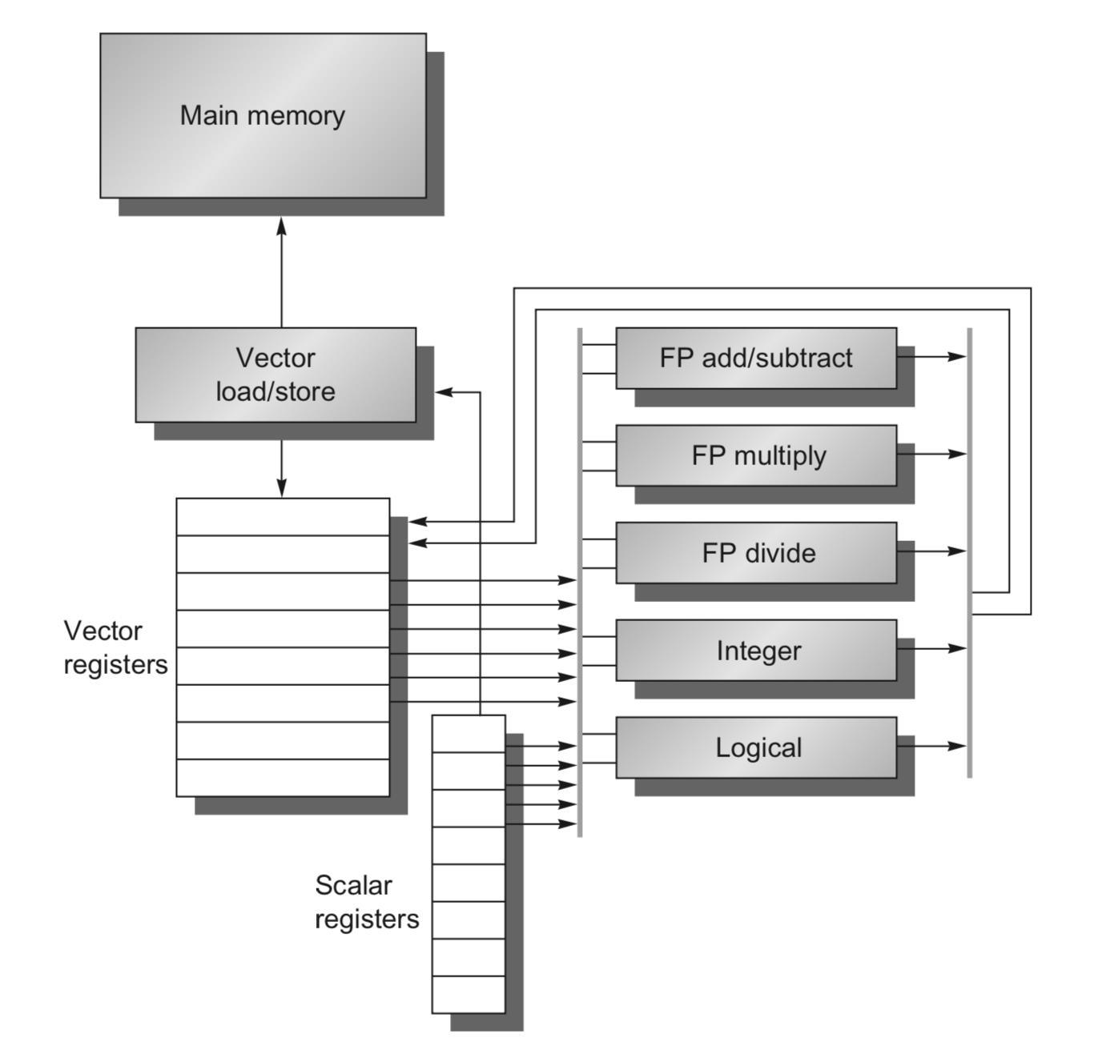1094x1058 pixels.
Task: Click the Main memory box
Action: (263, 115)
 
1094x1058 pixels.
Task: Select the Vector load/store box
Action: (276, 375)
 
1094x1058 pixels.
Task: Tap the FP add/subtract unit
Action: (756, 358)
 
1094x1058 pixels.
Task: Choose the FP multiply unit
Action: (756, 455)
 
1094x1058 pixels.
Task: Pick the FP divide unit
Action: (756, 553)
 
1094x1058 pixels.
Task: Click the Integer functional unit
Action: (756, 650)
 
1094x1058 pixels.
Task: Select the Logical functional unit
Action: (756, 747)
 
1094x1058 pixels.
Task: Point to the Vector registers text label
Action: (115, 647)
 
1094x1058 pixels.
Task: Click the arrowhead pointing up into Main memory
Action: (282, 226)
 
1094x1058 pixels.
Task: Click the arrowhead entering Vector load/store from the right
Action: (444, 391)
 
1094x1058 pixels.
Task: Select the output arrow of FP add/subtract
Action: (931, 356)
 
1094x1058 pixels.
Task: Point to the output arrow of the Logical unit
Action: (931, 746)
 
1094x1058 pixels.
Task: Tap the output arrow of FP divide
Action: (931, 551)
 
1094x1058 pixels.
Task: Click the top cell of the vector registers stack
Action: (283, 517)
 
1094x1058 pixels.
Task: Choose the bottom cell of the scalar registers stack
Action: (469, 995)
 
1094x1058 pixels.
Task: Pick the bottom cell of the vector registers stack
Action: (283, 778)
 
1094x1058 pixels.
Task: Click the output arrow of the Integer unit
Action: (931, 648)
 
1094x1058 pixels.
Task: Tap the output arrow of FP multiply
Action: (931, 454)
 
